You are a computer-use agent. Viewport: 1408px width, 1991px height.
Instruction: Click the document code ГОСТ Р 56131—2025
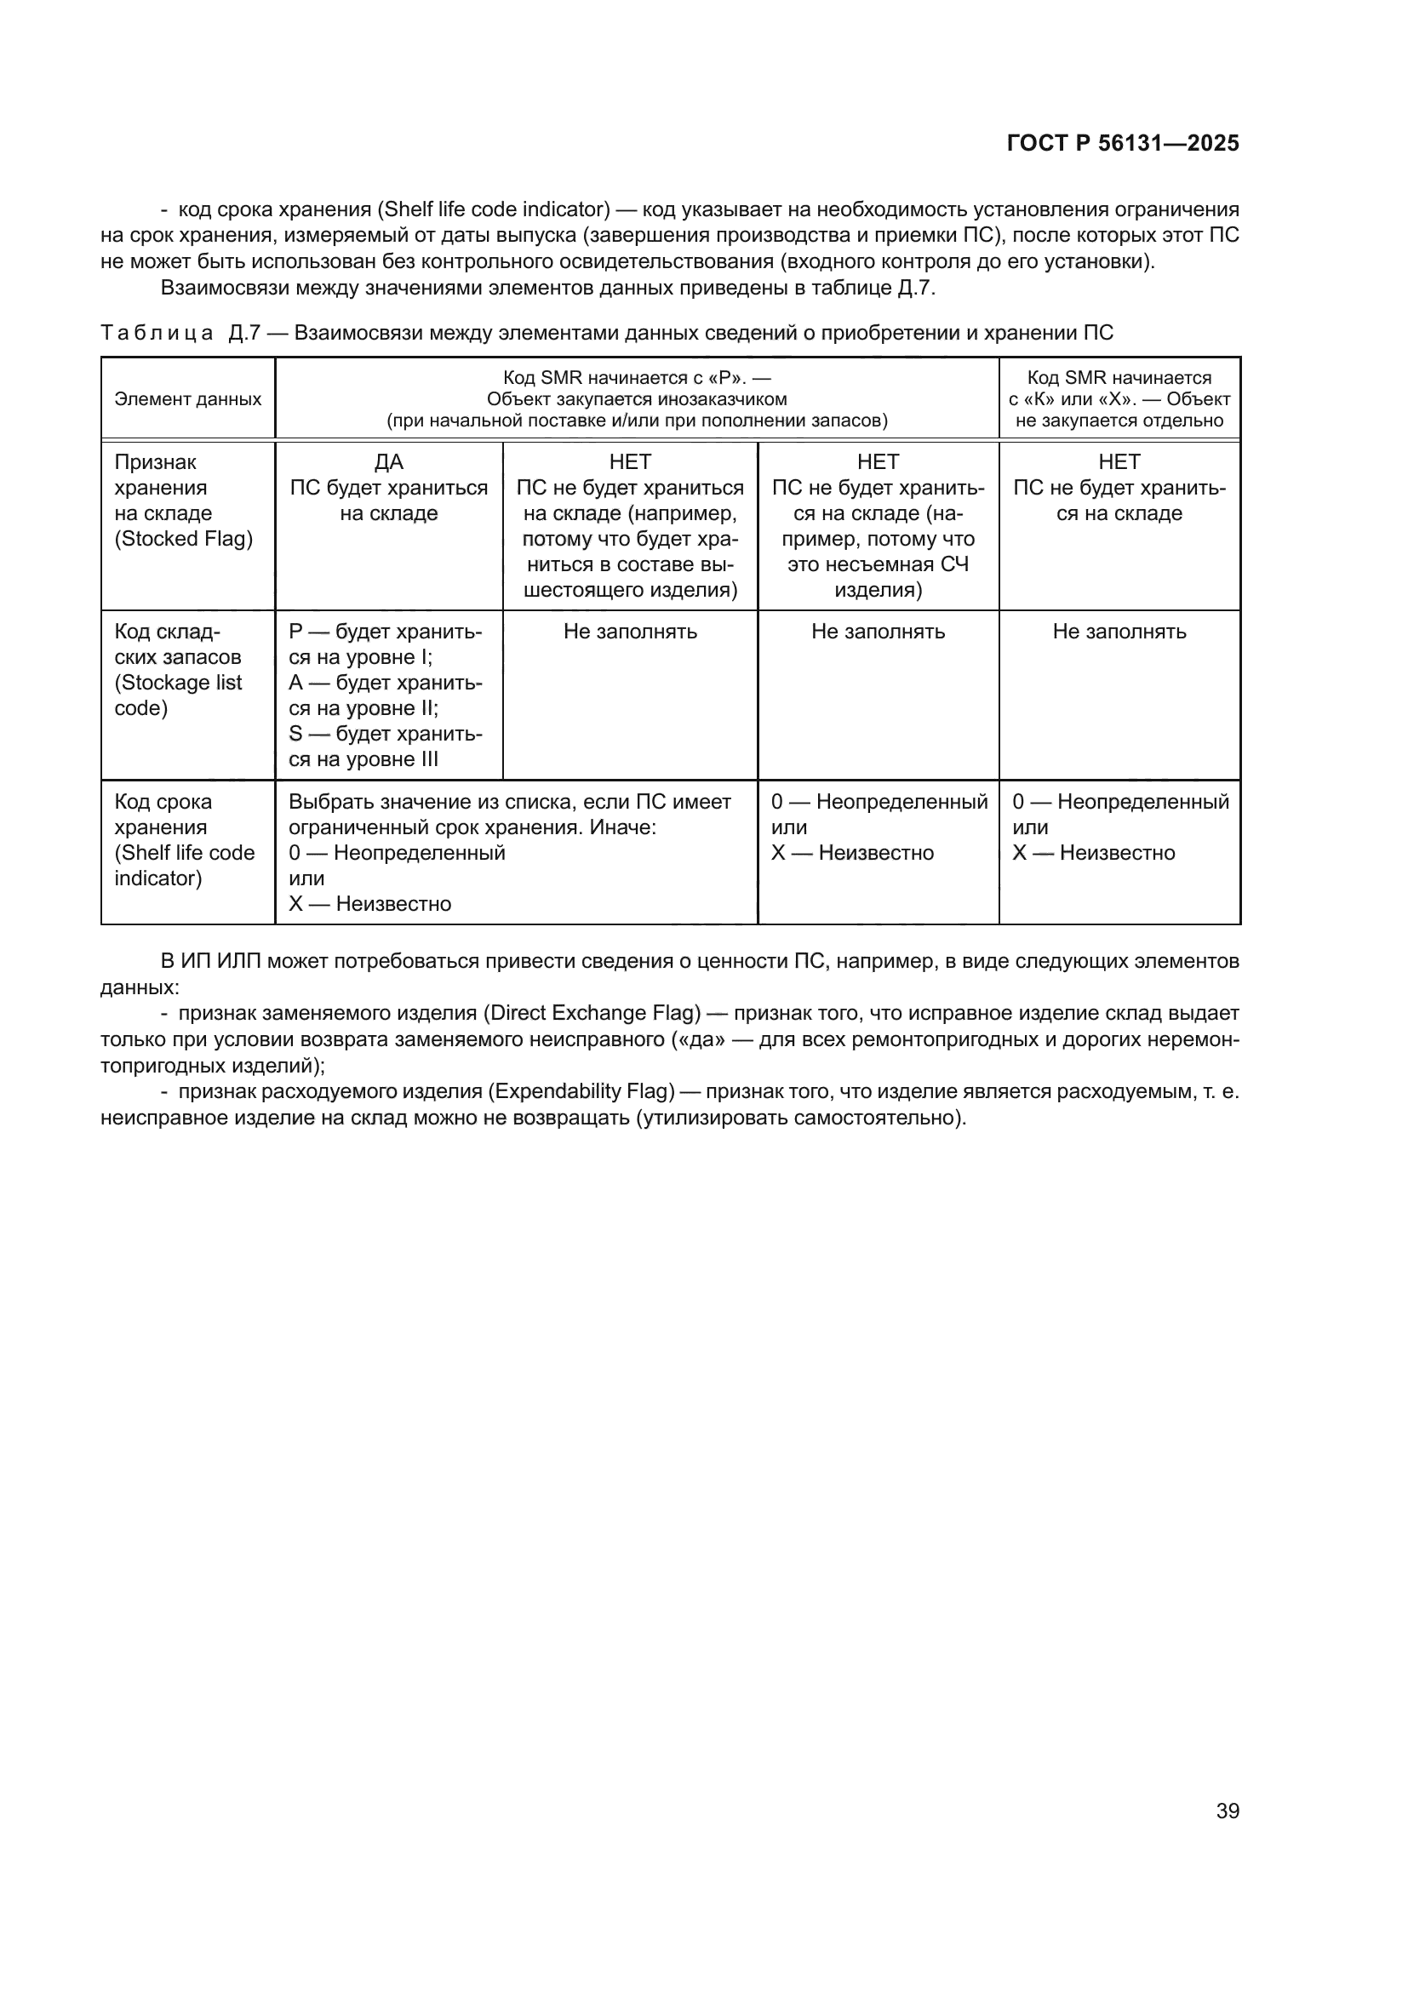(x=1123, y=143)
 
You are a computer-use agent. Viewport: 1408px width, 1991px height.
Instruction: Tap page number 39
(x=1227, y=1811)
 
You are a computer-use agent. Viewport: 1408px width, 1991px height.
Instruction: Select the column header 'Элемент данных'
(x=187, y=399)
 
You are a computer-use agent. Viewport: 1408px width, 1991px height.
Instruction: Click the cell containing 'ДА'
(x=388, y=462)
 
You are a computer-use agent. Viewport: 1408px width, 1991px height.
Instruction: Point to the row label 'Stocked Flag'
(x=184, y=539)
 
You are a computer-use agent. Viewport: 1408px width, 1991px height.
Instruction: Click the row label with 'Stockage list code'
(x=178, y=683)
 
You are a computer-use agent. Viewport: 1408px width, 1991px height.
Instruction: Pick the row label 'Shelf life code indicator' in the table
(x=184, y=852)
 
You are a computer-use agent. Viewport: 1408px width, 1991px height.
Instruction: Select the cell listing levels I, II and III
(x=386, y=695)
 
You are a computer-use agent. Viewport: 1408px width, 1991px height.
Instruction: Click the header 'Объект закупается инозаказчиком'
(x=637, y=399)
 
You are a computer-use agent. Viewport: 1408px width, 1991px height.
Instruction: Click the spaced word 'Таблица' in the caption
(x=157, y=333)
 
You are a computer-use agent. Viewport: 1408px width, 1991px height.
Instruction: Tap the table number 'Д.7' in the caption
(x=244, y=333)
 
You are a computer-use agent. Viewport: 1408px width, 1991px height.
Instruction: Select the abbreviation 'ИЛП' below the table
(x=235, y=961)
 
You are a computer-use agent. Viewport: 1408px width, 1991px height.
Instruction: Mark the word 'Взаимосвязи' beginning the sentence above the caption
(x=225, y=288)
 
